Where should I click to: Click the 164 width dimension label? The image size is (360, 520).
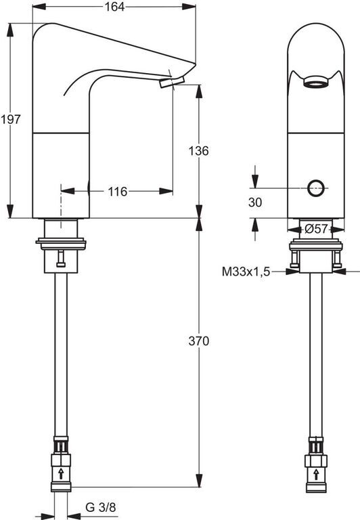114,7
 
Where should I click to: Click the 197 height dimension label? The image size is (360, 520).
11,119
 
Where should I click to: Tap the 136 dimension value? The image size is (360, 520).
198,151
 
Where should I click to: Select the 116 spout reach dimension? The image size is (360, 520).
117,192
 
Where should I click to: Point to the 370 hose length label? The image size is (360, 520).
198,341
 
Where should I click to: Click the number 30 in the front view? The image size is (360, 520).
255,202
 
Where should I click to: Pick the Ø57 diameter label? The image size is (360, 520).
316,229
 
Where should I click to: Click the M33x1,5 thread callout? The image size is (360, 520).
246,272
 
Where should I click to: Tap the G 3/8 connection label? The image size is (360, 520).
101,507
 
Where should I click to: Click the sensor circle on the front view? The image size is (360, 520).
315,188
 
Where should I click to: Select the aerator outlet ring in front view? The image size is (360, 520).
316,82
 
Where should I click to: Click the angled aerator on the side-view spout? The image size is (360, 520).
172,82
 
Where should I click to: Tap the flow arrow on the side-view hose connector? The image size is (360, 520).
61,473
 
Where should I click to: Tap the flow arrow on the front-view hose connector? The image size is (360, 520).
316,474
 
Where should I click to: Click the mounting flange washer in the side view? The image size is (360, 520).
61,243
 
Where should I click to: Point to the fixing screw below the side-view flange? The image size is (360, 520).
61,259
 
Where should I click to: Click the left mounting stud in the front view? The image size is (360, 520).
294,259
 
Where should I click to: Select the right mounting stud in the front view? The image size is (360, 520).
338,259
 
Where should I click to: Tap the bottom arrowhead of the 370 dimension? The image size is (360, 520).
199,480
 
